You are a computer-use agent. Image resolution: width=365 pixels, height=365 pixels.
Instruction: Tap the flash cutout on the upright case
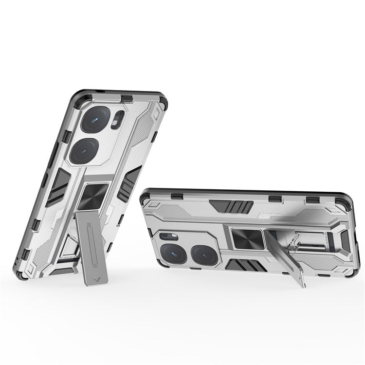(115, 122)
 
